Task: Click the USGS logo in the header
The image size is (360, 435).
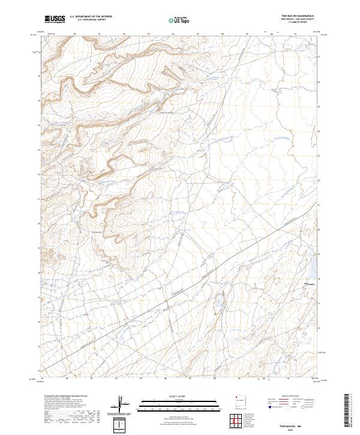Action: coord(55,19)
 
